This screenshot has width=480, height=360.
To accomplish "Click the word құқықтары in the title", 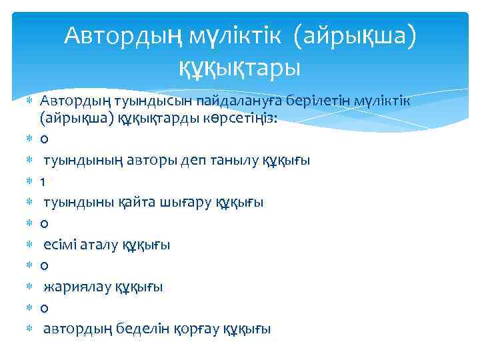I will tap(239, 66).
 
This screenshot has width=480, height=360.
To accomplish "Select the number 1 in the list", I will tap(43, 181).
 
